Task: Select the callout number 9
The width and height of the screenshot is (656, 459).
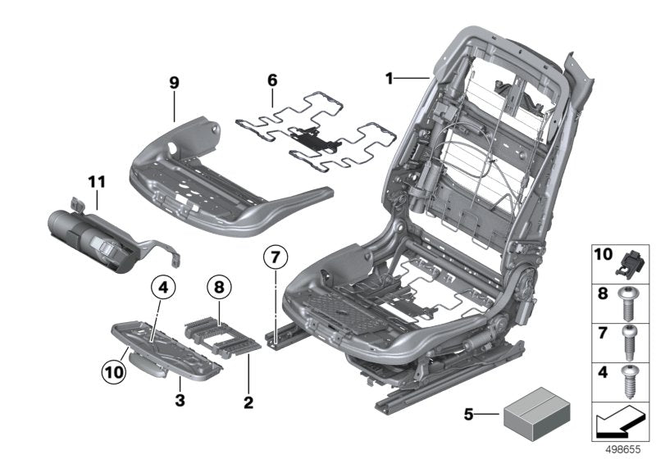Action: click(x=174, y=83)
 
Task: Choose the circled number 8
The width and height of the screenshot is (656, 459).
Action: click(x=219, y=288)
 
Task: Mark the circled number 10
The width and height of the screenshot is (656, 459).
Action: click(x=114, y=371)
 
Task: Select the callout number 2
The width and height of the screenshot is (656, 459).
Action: click(x=248, y=402)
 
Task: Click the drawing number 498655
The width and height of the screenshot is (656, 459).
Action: click(x=623, y=449)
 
